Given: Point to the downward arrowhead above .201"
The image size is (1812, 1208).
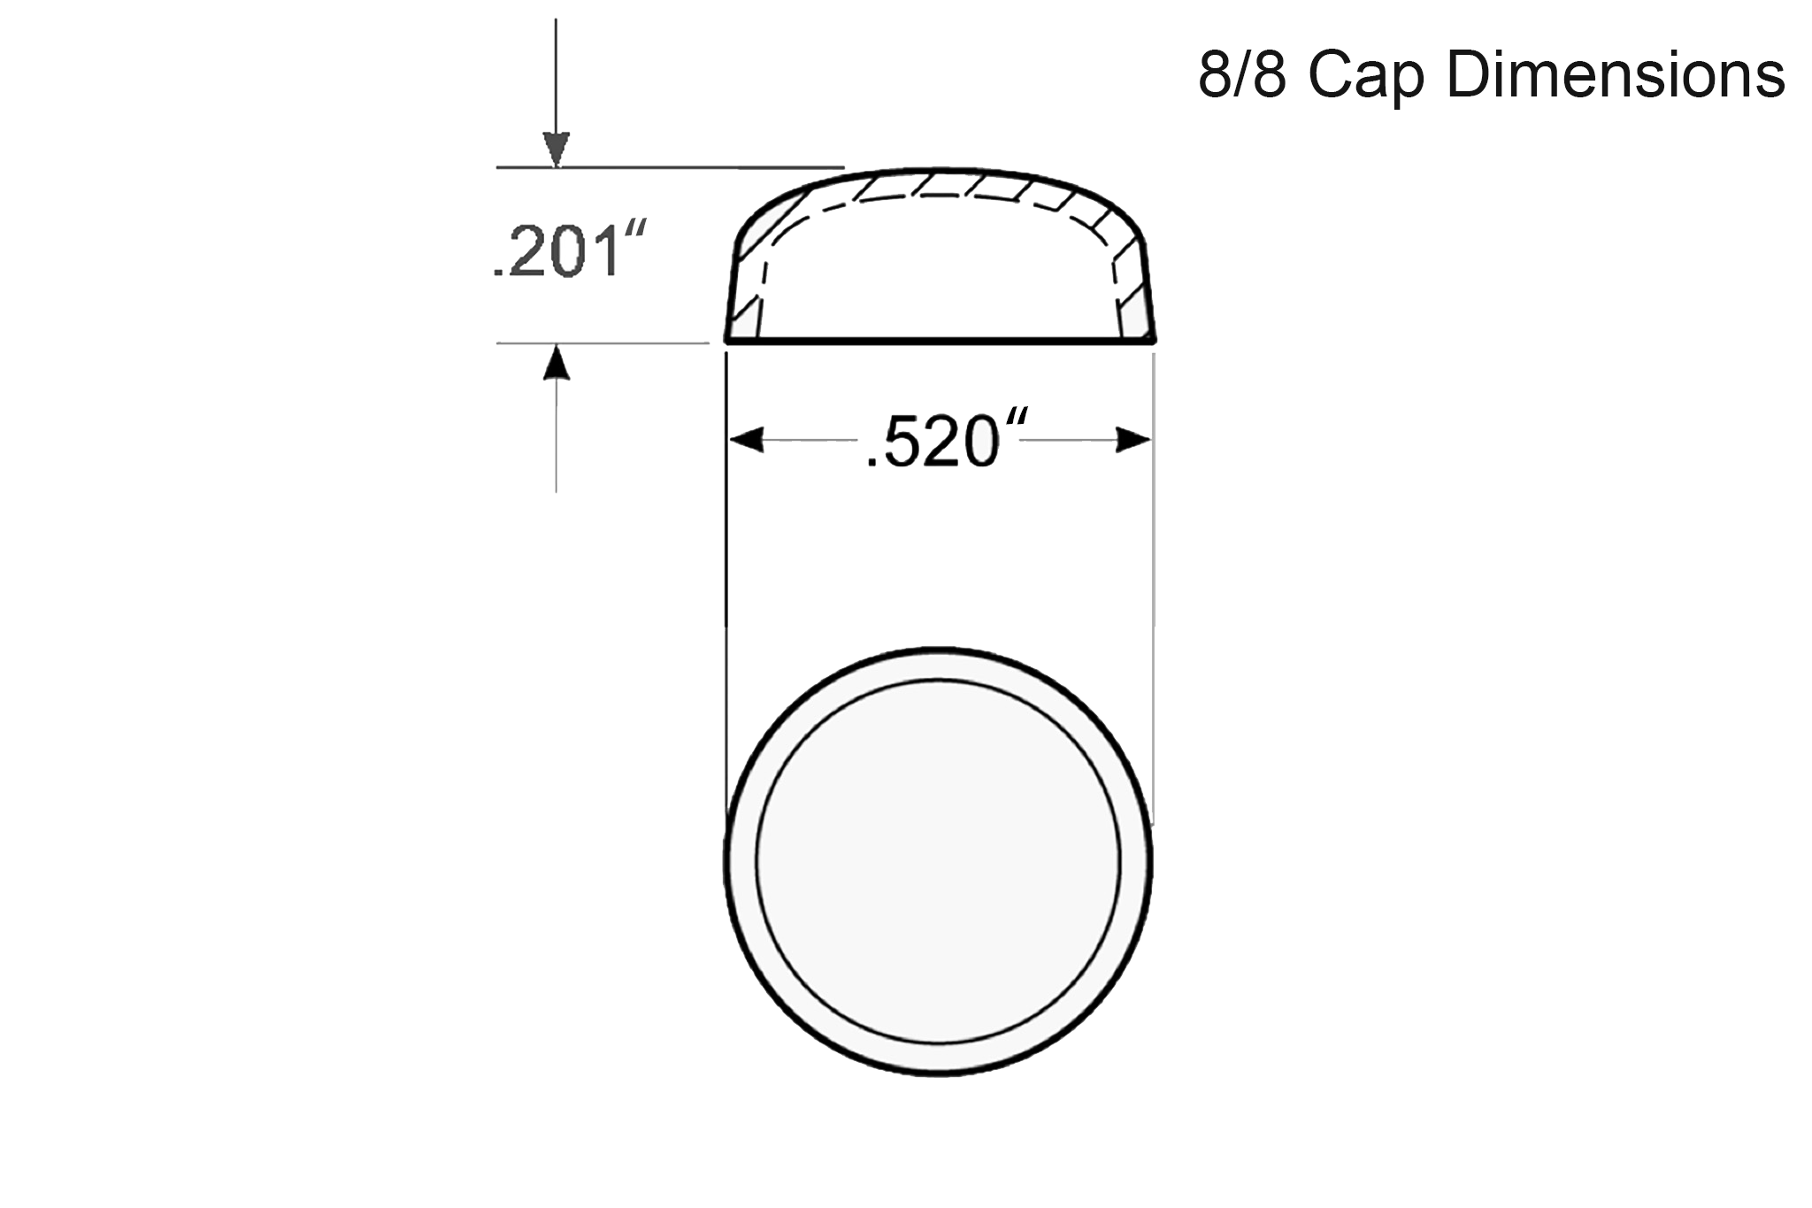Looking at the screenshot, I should tap(557, 148).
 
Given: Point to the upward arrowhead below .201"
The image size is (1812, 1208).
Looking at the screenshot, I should tap(557, 362).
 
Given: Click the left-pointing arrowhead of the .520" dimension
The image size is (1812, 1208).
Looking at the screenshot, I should tap(746, 440).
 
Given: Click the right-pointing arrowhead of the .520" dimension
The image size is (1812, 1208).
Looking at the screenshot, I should tap(1133, 440).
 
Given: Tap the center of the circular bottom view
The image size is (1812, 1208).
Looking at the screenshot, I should tap(939, 861).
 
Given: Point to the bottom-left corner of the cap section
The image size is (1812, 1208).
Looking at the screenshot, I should tap(727, 339).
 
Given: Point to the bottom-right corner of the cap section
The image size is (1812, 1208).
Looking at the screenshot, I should tap(1154, 339).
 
